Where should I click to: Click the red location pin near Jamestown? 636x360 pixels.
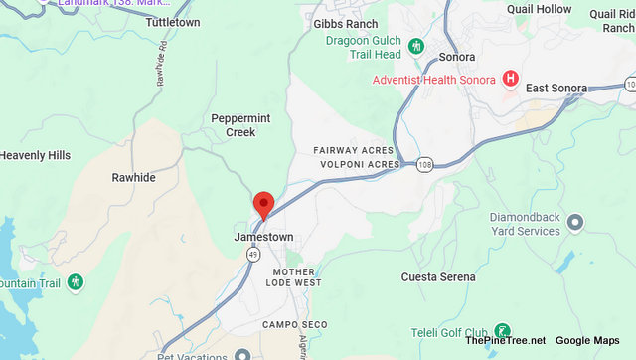264,204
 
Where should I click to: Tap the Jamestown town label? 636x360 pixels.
263,238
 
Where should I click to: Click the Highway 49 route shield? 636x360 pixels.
253,256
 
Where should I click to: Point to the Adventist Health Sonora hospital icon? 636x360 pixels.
510,78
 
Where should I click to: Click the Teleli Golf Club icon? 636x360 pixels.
503,331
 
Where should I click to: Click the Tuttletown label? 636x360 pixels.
174,21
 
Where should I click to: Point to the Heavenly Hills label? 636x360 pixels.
36,156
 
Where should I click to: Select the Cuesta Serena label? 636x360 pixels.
437,276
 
